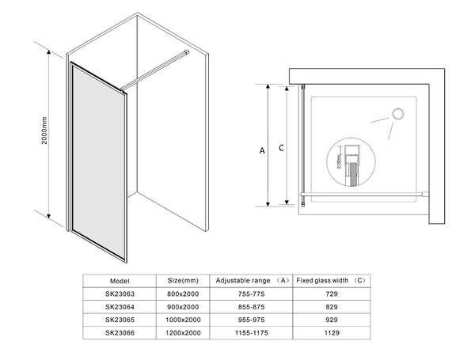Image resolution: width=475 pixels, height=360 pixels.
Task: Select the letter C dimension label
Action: pyautogui.click(x=282, y=147)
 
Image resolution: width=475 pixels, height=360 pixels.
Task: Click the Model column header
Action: pyautogui.click(x=120, y=280)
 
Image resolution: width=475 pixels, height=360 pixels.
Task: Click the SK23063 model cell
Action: pyautogui.click(x=120, y=293)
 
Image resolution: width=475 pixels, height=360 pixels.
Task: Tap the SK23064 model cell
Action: pyautogui.click(x=120, y=306)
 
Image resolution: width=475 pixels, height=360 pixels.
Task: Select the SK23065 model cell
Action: pyautogui.click(x=120, y=320)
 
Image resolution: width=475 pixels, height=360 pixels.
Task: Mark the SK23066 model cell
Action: pyautogui.click(x=120, y=333)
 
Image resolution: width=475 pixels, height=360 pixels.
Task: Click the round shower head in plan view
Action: pyautogui.click(x=396, y=113)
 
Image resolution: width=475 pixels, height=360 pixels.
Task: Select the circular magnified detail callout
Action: pyautogui.click(x=347, y=162)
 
